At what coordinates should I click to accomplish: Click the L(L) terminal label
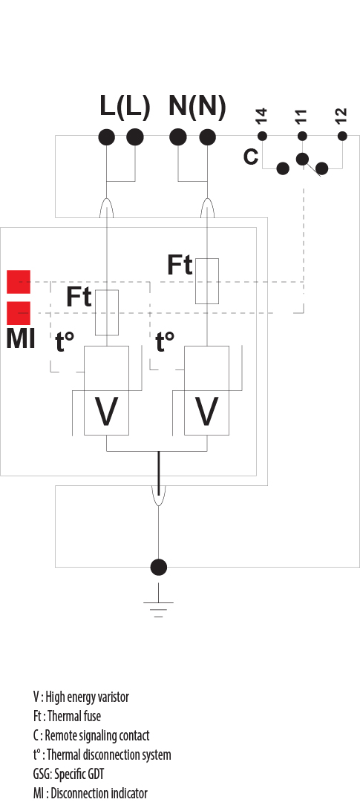pos(125,108)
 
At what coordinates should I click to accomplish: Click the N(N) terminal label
pos(197,108)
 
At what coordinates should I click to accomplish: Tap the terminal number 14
pos(261,116)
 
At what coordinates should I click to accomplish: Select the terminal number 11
pos(301,116)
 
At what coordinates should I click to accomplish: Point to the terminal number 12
pos(341,116)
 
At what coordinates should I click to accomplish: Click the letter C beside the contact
pos(251,157)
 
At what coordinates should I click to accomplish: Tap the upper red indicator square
pos(19,282)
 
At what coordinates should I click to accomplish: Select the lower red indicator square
pos(19,313)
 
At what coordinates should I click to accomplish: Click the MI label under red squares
pos(20,339)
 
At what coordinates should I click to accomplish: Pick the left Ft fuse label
pos(79,297)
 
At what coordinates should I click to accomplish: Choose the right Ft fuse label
pos(180,265)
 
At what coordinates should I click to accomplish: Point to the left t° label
pos(65,342)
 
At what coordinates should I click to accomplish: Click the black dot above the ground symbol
pos(158,568)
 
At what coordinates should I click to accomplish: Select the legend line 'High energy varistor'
pos(81,697)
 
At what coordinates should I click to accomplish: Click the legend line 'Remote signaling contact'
pos(91,735)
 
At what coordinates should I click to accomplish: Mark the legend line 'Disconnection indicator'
pos(90,793)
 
